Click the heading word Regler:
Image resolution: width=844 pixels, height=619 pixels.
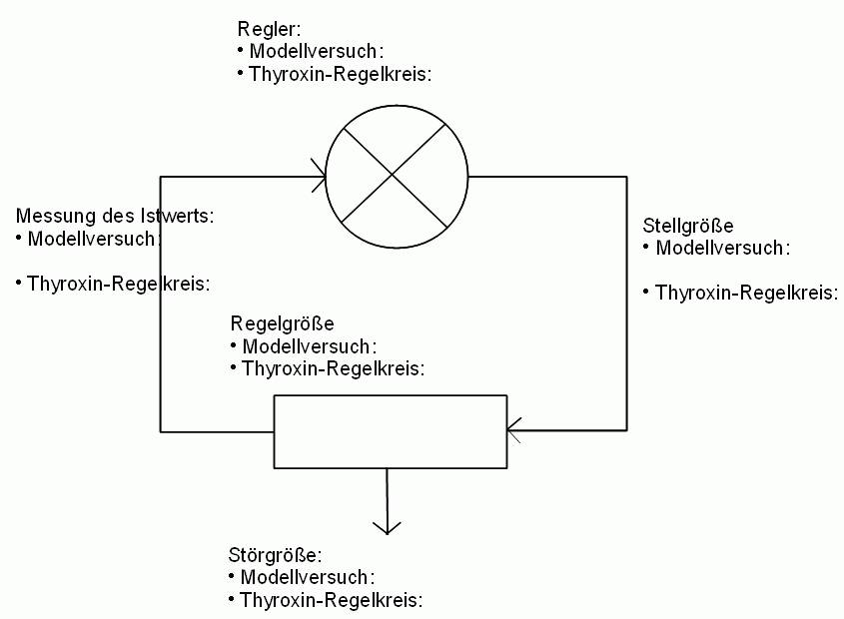coord(269,29)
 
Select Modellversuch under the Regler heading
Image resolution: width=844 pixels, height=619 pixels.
coord(317,51)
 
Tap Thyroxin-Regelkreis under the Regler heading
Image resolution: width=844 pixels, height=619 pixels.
coord(341,74)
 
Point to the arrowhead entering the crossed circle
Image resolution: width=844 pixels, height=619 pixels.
coord(319,176)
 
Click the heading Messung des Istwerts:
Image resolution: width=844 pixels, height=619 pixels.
coord(115,216)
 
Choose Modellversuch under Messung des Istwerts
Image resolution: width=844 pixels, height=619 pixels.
coord(94,239)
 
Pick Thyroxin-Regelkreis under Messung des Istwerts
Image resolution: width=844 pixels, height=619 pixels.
coord(119,284)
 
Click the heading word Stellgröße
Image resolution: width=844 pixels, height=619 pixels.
coord(688,226)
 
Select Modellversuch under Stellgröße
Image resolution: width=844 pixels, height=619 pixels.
coord(723,249)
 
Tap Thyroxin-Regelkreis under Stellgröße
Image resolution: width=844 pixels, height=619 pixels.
coord(746,293)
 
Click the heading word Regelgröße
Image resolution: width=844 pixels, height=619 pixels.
coord(282,324)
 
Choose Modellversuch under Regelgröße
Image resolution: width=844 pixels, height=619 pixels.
coord(310,346)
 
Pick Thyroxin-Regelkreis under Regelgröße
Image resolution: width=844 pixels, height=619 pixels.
coord(334,369)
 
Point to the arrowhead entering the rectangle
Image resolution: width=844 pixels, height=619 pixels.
coord(514,430)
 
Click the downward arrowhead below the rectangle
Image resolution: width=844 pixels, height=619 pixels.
coord(387,527)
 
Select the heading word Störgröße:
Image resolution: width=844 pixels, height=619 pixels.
coord(275,555)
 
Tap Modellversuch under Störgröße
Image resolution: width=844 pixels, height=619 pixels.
coord(308,577)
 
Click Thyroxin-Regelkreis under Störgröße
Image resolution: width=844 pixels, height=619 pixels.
coord(331,600)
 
